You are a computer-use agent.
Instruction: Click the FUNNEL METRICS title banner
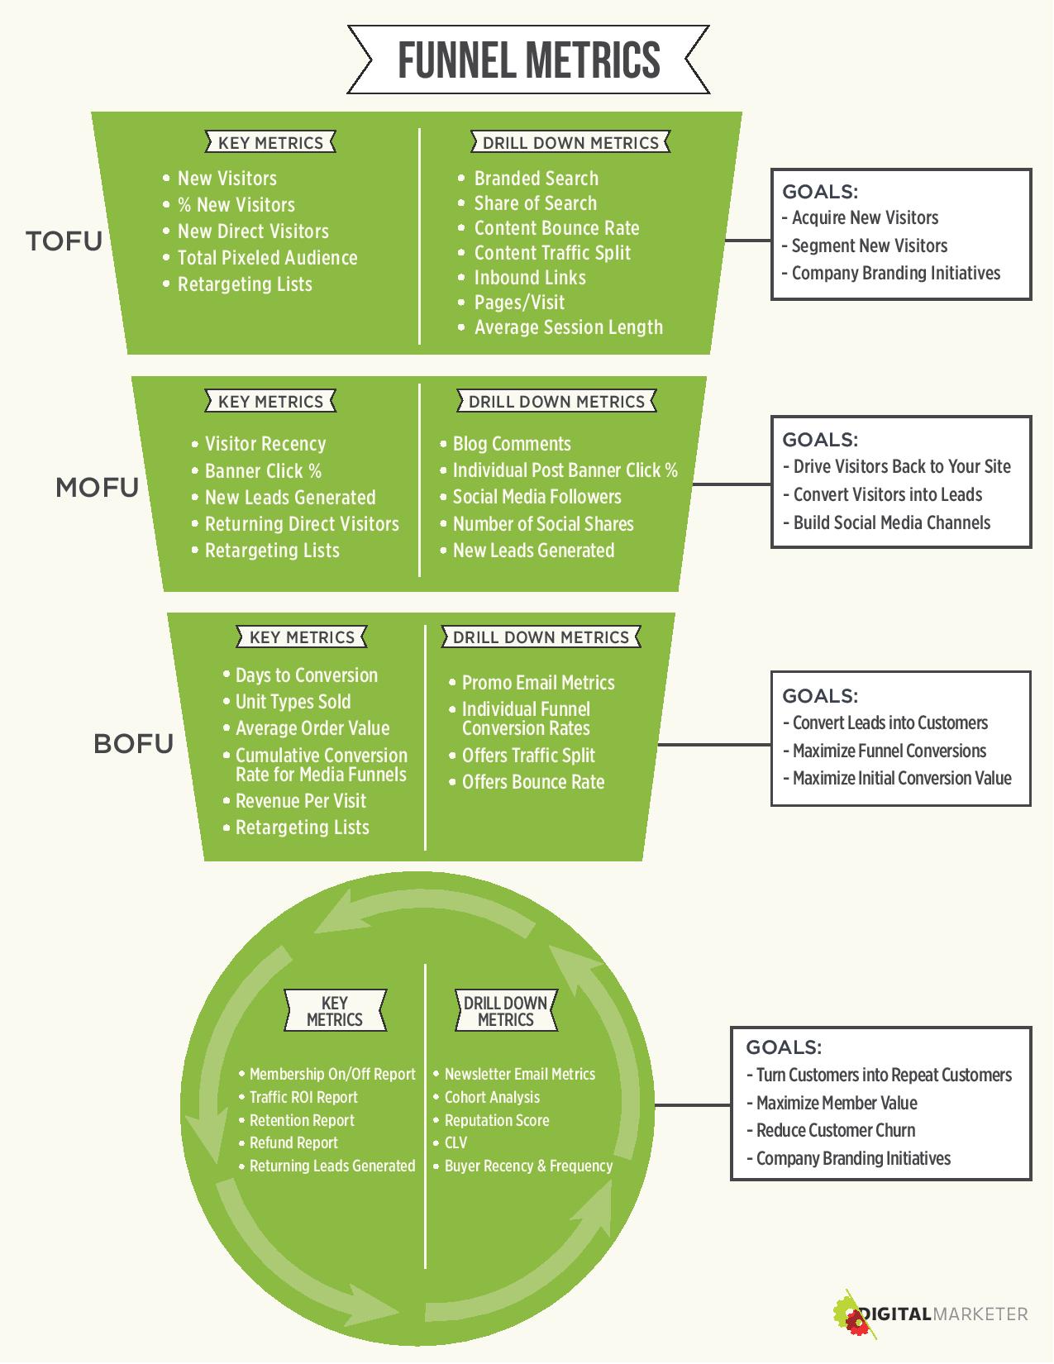[x=528, y=60]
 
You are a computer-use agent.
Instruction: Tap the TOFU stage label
[x=64, y=241]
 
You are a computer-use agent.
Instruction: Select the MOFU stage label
[x=98, y=488]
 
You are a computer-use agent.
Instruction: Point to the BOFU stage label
[x=133, y=744]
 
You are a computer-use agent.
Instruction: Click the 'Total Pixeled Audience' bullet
[x=267, y=257]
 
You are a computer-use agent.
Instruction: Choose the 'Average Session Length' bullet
[x=568, y=327]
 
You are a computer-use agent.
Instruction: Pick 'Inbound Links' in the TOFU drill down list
[x=530, y=278]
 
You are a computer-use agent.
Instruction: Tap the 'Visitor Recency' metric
[x=265, y=444]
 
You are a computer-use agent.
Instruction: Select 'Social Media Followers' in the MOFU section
[x=537, y=497]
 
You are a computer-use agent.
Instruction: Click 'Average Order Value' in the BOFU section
[x=312, y=728]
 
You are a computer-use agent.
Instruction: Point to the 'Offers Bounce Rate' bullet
[x=533, y=782]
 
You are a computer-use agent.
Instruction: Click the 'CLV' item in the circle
[x=455, y=1142]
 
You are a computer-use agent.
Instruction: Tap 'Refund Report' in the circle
[x=293, y=1143]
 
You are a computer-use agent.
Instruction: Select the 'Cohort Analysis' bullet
[x=492, y=1097]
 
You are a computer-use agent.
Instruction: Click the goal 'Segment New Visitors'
[x=870, y=246]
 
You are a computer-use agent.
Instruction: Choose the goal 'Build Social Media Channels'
[x=891, y=522]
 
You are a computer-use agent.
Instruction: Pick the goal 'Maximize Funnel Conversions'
[x=889, y=751]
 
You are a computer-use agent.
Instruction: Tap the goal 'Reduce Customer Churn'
[x=836, y=1131]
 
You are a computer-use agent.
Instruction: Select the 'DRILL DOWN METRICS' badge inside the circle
[x=505, y=1011]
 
